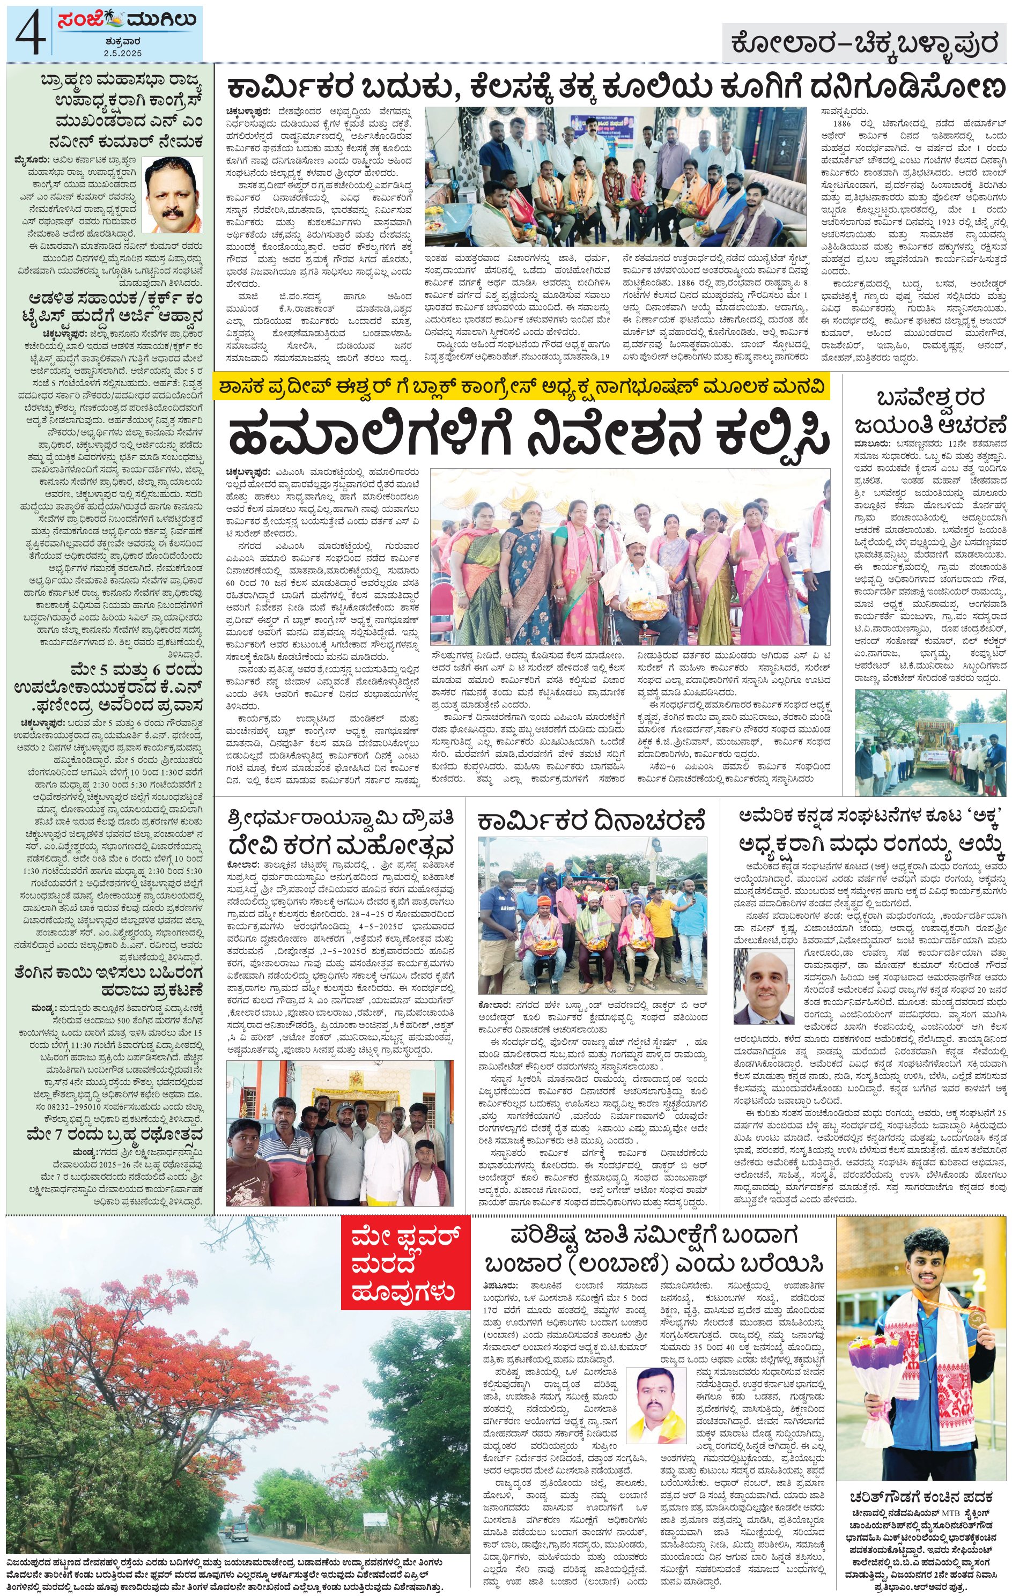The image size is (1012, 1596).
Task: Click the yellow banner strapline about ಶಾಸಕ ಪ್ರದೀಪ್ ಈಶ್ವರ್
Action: [520, 386]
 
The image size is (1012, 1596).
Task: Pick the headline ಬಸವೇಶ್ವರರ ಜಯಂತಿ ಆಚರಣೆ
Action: [930, 411]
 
